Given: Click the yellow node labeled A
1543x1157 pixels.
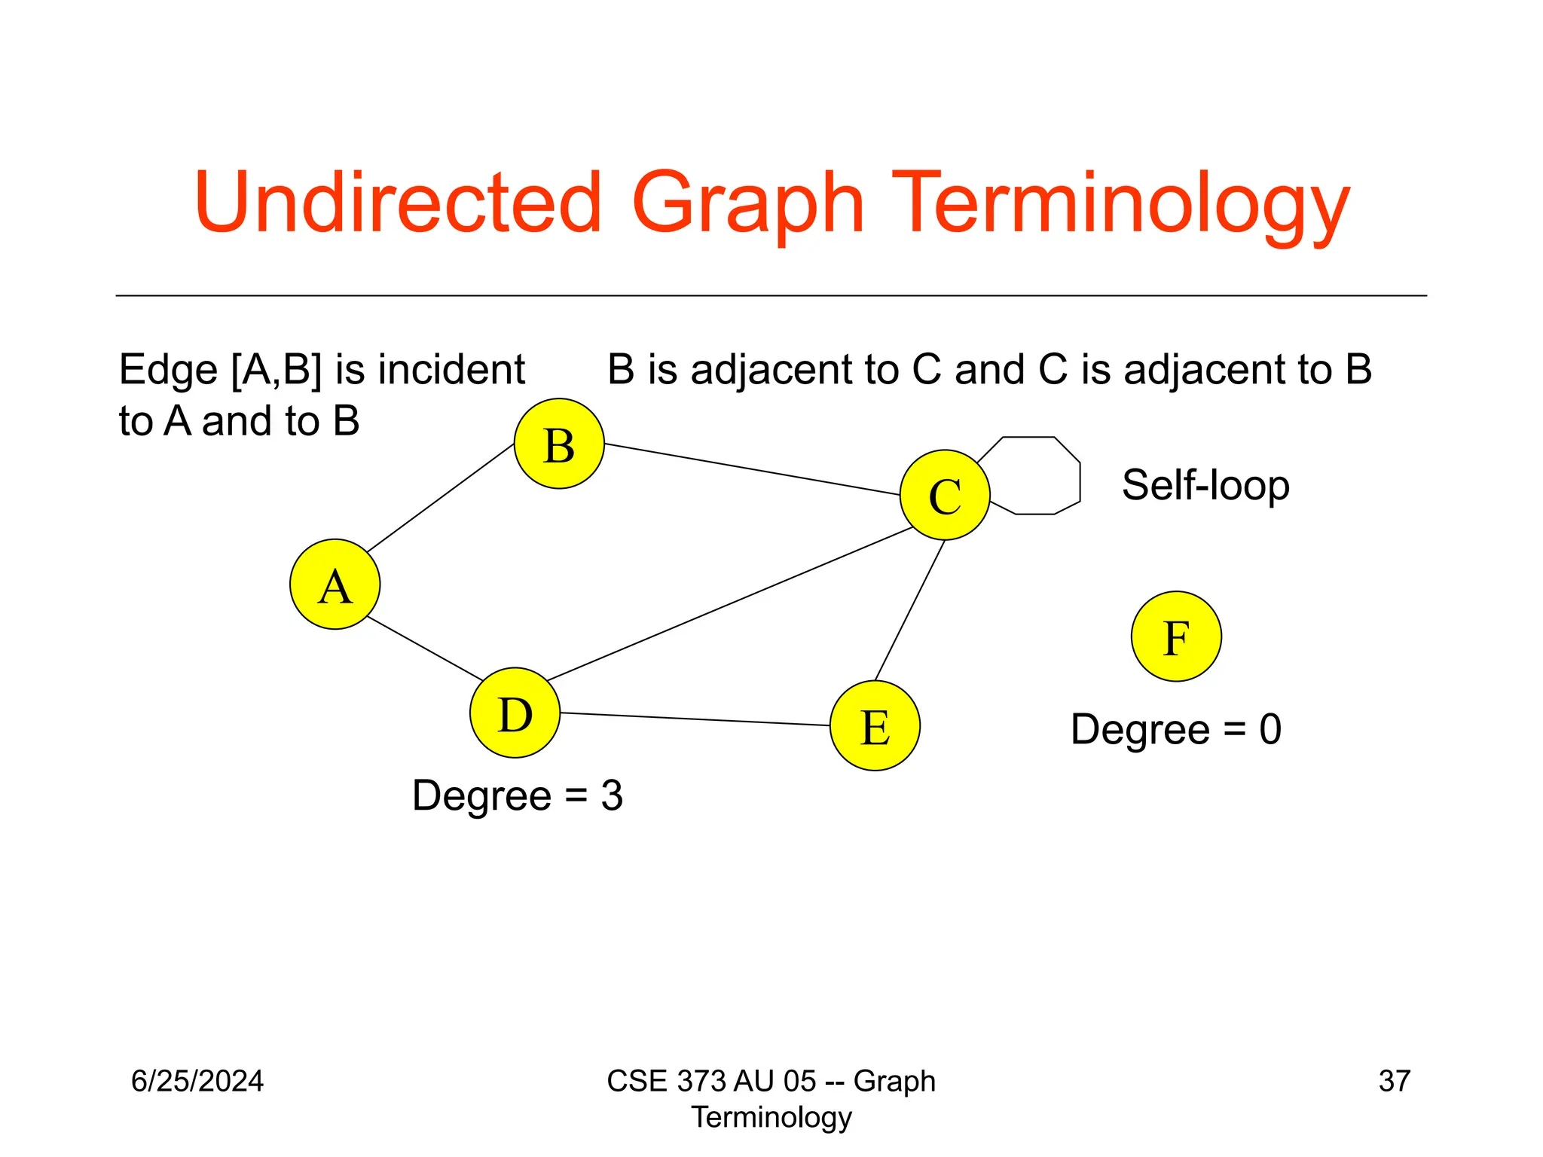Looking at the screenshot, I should coord(335,584).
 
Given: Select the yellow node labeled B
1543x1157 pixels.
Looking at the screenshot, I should coord(559,444).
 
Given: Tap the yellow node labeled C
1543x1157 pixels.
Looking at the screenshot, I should coord(945,495).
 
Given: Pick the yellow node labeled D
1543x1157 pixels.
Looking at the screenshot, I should coord(515,713).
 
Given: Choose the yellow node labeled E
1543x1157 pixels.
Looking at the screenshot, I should coord(875,725).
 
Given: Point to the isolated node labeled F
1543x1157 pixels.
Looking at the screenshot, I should coord(1176,637).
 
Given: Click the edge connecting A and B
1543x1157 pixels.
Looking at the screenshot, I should coord(441,498).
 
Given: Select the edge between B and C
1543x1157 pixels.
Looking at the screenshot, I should coord(753,469).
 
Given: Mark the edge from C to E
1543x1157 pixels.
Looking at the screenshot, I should coord(909,611).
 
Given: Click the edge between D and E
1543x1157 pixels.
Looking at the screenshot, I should coord(695,719).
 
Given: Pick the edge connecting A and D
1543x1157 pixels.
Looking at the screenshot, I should coord(424,648).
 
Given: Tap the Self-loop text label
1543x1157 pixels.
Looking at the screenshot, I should coord(1205,485).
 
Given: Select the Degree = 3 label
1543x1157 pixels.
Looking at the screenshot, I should coord(518,795).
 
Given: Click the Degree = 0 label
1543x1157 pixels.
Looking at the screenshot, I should coord(1175,729).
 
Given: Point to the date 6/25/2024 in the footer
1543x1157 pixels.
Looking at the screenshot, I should coord(197,1081).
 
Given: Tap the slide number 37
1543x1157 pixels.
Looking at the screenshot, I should coord(1394,1081).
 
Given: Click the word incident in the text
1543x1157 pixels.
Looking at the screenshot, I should coord(451,370).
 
